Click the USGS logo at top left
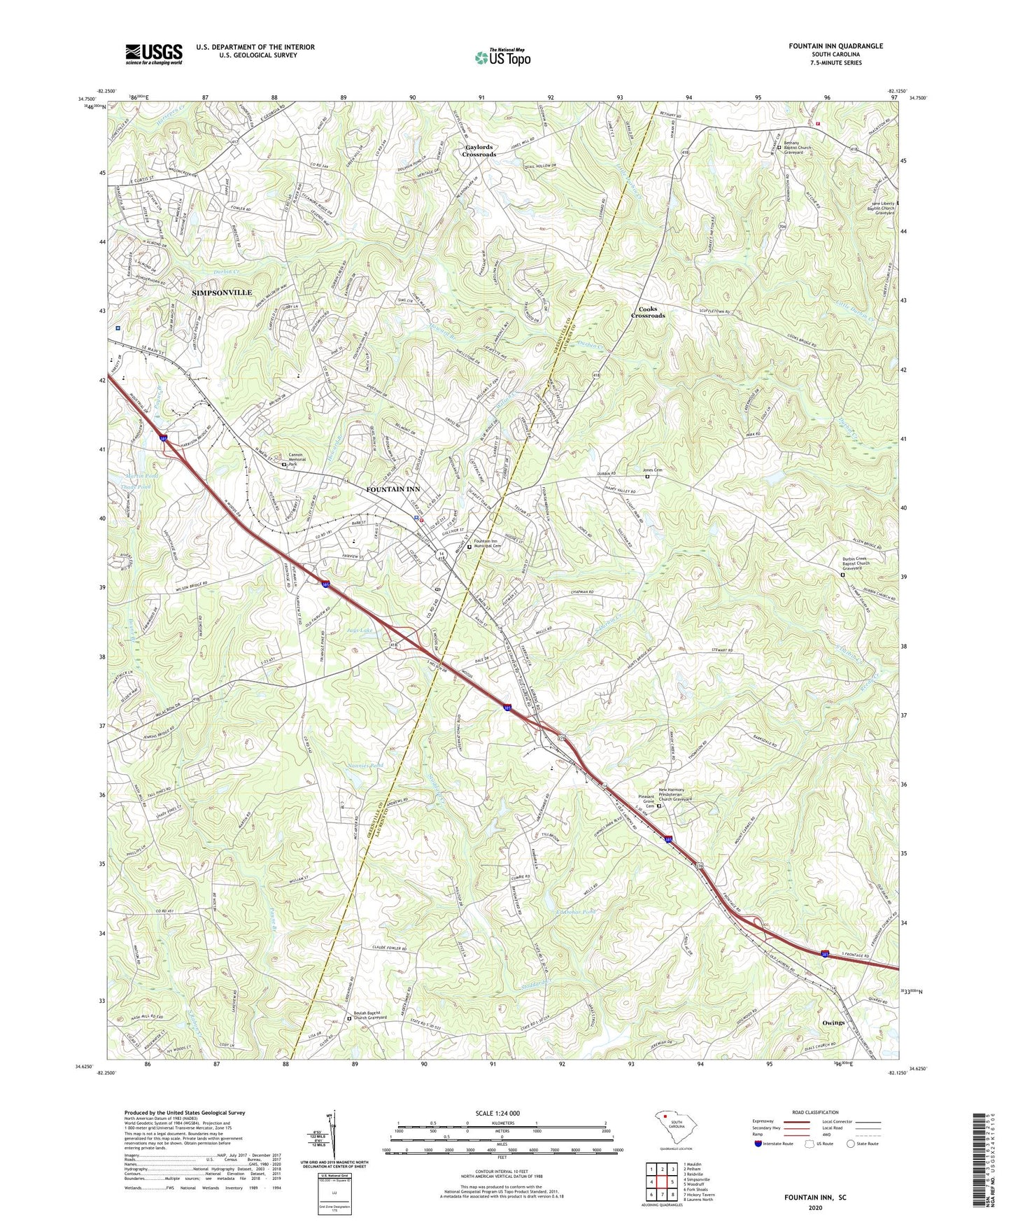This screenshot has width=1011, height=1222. pyautogui.click(x=154, y=54)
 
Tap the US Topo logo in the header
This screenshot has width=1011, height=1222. pyautogui.click(x=502, y=57)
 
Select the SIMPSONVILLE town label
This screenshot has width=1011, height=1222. pyautogui.click(x=222, y=293)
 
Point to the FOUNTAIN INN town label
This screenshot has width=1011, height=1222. pyautogui.click(x=393, y=489)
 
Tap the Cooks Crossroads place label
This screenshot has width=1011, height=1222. pyautogui.click(x=648, y=312)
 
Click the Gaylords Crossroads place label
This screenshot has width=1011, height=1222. pyautogui.click(x=479, y=150)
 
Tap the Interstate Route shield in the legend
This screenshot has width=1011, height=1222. pyautogui.click(x=758, y=1144)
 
